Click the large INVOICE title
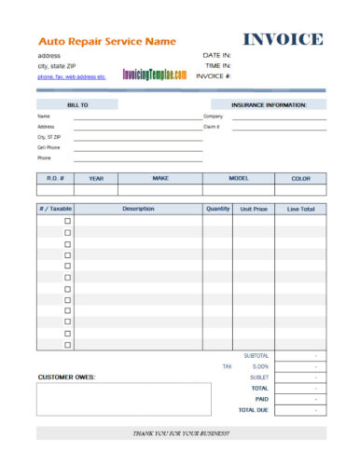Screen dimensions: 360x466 (284, 39)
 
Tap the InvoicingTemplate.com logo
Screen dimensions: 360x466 (154, 74)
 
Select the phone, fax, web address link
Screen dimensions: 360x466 (71, 76)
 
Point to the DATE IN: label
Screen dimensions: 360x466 (216, 55)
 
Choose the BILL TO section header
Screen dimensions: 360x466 (77, 105)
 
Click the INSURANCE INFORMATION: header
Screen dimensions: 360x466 (269, 105)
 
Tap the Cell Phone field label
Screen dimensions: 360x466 (48, 147)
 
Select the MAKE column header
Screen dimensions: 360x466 (160, 177)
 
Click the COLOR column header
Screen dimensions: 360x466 (300, 177)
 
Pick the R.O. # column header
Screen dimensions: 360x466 (53, 177)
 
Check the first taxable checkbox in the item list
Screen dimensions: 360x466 (67, 221)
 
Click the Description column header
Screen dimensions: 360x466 (138, 209)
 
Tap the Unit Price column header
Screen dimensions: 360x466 (253, 209)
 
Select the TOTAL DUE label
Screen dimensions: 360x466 (253, 409)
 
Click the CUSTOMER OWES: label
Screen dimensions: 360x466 (67, 377)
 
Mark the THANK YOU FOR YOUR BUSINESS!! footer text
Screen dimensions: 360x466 (182, 434)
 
